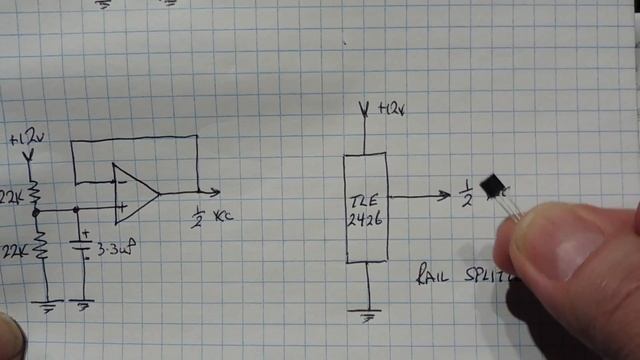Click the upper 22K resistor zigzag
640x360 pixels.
click(x=35, y=191)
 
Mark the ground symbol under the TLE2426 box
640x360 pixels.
click(x=369, y=316)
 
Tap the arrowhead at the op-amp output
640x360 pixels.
click(x=215, y=191)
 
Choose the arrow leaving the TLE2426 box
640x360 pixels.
click(x=420, y=196)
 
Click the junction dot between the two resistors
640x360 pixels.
click(x=36, y=212)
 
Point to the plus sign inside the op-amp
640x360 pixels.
click(x=122, y=209)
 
